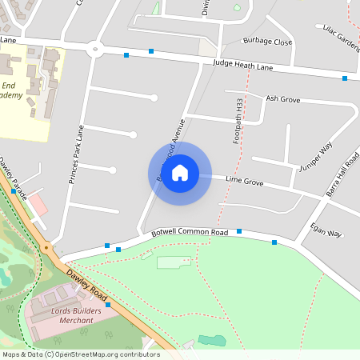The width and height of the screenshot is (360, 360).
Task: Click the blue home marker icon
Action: [x=180, y=172]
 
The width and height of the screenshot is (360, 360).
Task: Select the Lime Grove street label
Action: [x=245, y=182]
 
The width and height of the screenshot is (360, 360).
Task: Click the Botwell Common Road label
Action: [x=190, y=233]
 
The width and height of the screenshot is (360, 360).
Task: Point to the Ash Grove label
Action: [x=282, y=99]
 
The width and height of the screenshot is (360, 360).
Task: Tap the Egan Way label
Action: [x=325, y=233]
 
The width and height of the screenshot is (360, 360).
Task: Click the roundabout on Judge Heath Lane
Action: [x=97, y=50]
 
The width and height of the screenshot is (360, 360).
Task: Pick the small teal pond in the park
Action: [x=212, y=341]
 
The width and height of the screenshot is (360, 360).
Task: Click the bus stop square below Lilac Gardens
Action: [x=345, y=78]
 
